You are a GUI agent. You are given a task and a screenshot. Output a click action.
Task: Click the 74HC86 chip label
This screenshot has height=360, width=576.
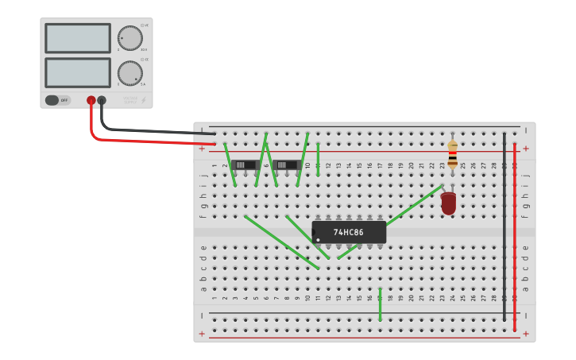pyautogui.click(x=348, y=233)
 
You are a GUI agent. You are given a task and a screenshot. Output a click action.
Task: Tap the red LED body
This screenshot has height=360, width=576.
pyautogui.click(x=449, y=203)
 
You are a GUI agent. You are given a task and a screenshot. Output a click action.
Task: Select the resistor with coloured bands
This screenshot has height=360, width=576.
pyautogui.click(x=452, y=155)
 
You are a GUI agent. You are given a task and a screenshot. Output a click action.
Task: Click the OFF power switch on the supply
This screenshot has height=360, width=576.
pyautogui.click(x=57, y=100)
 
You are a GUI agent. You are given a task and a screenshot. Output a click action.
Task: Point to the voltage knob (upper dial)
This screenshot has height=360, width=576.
pyautogui.click(x=130, y=38)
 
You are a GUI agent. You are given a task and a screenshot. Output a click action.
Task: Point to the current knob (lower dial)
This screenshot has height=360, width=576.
pyautogui.click(x=130, y=73)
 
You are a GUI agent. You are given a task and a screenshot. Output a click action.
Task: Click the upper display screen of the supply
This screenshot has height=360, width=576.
pyautogui.click(x=78, y=38)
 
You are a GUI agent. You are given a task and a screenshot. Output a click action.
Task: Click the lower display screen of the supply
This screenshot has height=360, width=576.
pyautogui.click(x=78, y=72)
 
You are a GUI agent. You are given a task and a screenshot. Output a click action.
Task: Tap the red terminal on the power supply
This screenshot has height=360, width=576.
pyautogui.click(x=91, y=100)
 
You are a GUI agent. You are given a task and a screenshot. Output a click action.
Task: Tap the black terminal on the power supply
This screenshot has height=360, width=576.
pyautogui.click(x=102, y=100)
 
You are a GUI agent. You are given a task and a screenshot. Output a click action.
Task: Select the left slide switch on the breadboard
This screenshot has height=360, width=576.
pyautogui.click(x=245, y=165)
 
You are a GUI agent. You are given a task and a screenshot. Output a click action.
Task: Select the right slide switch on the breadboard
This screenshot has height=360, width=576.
pyautogui.click(x=286, y=165)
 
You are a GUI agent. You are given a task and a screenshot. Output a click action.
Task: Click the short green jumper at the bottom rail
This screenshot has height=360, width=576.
pyautogui.click(x=380, y=306)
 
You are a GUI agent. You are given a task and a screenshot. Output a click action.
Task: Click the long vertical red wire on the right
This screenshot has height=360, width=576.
pyautogui.click(x=515, y=238)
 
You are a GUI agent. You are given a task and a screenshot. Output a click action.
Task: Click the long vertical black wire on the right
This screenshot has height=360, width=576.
pyautogui.click(x=504, y=230)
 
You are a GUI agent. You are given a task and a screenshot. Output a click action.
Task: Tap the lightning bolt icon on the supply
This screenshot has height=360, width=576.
pyautogui.click(x=143, y=100)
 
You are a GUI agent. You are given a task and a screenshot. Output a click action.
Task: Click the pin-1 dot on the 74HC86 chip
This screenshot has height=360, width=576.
pyautogui.click(x=318, y=239)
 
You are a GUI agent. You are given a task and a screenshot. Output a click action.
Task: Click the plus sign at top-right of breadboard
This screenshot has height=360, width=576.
pyautogui.click(x=526, y=149)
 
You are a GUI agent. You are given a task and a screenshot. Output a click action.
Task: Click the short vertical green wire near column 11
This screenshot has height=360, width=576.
pyautogui.click(x=318, y=159)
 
